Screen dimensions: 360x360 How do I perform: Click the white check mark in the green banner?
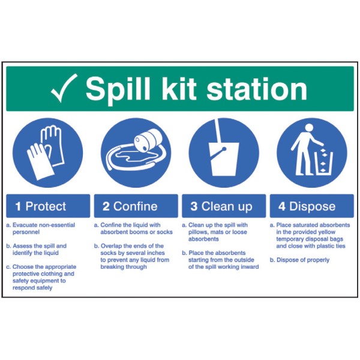(x=64, y=88)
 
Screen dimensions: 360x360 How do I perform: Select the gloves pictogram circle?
(x=48, y=152)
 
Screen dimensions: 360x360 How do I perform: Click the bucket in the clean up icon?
(x=224, y=159)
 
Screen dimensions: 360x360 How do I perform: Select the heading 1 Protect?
(x=41, y=206)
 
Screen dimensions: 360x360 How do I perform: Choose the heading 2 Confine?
(x=130, y=206)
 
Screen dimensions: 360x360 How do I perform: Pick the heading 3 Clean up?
(x=221, y=206)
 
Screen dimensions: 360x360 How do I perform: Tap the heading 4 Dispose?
(x=307, y=206)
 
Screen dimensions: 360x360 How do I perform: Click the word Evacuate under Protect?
(x=25, y=225)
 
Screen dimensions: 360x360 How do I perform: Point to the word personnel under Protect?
(x=26, y=232)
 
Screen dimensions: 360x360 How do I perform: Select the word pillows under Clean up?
(x=198, y=232)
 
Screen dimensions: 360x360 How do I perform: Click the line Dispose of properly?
(x=303, y=260)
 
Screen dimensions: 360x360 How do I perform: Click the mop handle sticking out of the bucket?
(x=218, y=130)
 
